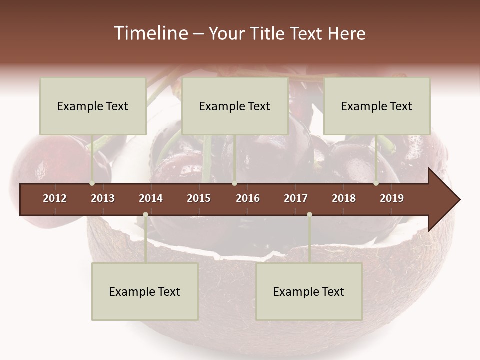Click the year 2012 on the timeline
[x=55, y=198]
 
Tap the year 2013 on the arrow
[x=103, y=198]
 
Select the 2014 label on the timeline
[x=151, y=198]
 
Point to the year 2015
[x=199, y=198]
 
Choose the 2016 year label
[x=248, y=198]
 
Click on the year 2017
[x=296, y=198]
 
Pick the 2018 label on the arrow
[x=344, y=198]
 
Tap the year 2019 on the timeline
[x=392, y=198]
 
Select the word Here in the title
[x=346, y=33]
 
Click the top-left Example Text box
[x=93, y=106]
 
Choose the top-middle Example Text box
[x=235, y=106]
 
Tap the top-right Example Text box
[x=377, y=106]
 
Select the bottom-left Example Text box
[x=145, y=291]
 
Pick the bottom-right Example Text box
[x=309, y=291]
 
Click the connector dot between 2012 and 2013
[x=92, y=183]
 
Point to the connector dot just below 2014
[x=145, y=215]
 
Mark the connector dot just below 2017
[x=309, y=215]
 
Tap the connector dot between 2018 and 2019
[x=376, y=183]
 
